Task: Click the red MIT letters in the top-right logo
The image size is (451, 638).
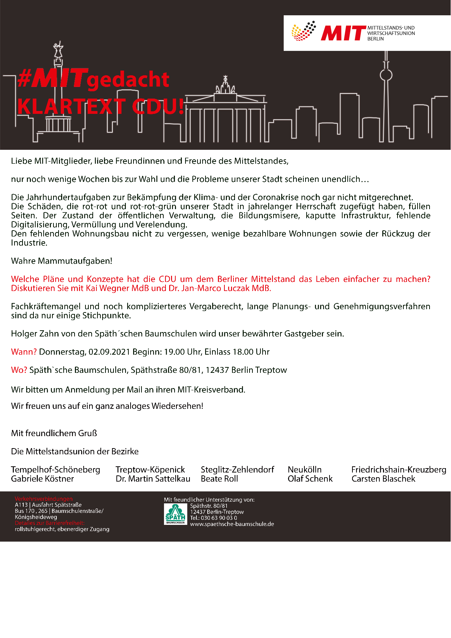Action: pos(343,33)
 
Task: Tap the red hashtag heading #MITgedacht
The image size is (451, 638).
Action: pos(93,79)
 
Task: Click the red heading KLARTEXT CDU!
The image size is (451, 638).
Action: pos(101,107)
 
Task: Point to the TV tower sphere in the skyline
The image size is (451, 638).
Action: pos(386,75)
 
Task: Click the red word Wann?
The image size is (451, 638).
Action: pos(24,352)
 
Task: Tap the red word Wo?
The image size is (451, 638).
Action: pos(19,370)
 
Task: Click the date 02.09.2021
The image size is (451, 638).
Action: pos(109,352)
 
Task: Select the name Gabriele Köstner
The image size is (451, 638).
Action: pos(43,479)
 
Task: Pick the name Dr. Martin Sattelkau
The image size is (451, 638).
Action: pos(153,479)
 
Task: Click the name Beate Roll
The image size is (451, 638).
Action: pos(219,479)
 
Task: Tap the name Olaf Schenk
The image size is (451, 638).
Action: pos(310,479)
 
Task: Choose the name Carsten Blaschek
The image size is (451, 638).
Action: pos(383,479)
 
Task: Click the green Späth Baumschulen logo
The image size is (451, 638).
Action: pos(175,514)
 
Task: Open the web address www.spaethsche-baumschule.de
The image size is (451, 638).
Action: pos(232,524)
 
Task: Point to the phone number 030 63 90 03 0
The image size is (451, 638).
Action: pos(219,518)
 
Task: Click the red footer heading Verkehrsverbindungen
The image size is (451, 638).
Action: pos(44,499)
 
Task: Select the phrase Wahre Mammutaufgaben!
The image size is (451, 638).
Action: pos(61,261)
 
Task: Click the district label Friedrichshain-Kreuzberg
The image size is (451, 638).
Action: pos(399,470)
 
